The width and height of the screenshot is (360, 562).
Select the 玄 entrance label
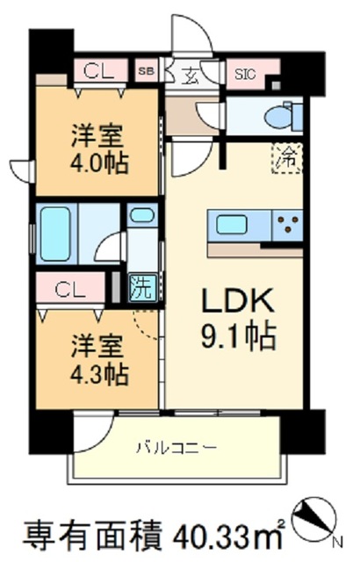tap(191, 75)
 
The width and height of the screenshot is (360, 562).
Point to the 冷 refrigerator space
tap(287, 158)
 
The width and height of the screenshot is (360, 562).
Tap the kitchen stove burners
tap(286, 224)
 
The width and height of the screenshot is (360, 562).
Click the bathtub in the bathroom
tap(54, 233)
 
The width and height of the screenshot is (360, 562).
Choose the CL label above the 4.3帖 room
tap(68, 288)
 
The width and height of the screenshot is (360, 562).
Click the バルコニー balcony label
tap(176, 448)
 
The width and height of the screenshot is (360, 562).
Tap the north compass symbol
tap(316, 517)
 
